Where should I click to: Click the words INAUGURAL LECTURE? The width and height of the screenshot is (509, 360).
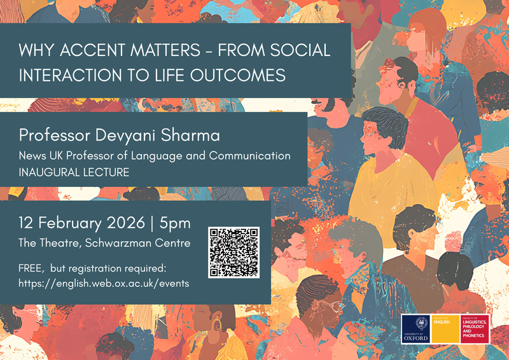[x=74, y=172]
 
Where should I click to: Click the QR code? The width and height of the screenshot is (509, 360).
[x=234, y=252]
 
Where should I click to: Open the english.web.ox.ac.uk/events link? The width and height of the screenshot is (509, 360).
[x=104, y=283]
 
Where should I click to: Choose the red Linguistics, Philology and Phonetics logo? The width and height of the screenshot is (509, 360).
[x=474, y=329]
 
